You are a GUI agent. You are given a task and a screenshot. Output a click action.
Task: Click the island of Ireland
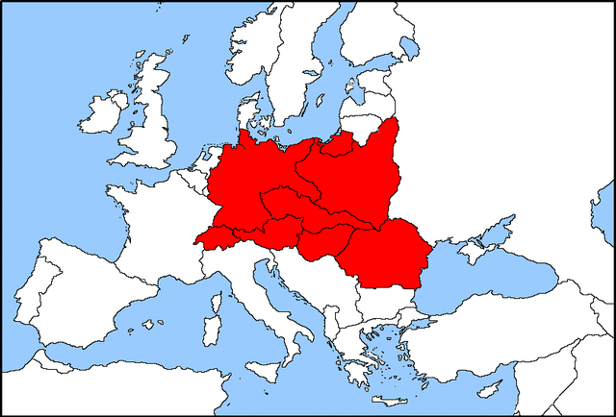(x=101, y=113)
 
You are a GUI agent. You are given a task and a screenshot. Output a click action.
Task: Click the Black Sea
(x=481, y=283)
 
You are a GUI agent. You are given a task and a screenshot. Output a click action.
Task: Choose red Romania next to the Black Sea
(x=385, y=255)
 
